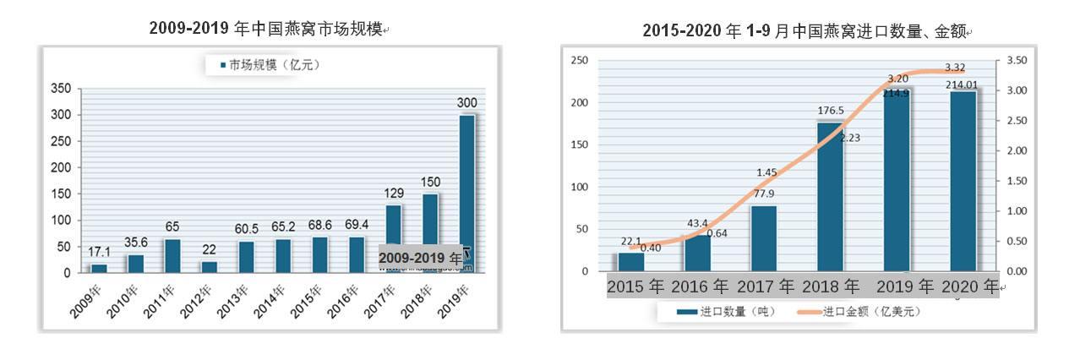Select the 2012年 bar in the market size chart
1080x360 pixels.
(208, 266)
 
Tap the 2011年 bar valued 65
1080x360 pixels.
(172, 255)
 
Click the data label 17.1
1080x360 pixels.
(100, 253)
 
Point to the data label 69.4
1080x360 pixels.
(357, 226)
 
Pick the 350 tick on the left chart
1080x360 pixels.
(61, 89)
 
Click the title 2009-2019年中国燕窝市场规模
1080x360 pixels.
(268, 30)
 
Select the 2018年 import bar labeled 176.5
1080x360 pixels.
(830, 197)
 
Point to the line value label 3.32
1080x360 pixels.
(956, 68)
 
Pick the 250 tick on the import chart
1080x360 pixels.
(579, 61)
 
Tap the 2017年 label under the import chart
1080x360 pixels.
(766, 286)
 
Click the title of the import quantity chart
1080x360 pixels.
(807, 32)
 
